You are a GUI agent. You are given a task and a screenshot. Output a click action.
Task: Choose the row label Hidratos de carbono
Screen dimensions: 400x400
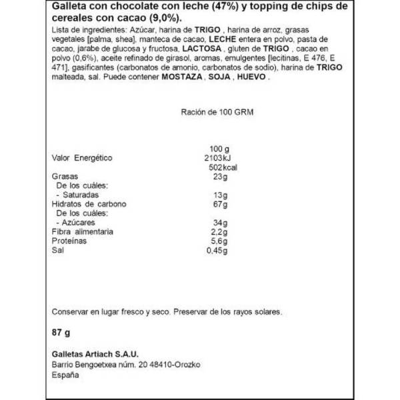[x=88, y=203]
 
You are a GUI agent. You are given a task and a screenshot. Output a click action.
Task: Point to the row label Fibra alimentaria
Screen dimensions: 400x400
[x=83, y=231]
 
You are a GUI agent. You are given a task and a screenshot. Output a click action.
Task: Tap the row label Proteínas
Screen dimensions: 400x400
[x=69, y=240]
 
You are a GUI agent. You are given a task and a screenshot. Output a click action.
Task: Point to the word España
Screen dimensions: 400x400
[x=65, y=375]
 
